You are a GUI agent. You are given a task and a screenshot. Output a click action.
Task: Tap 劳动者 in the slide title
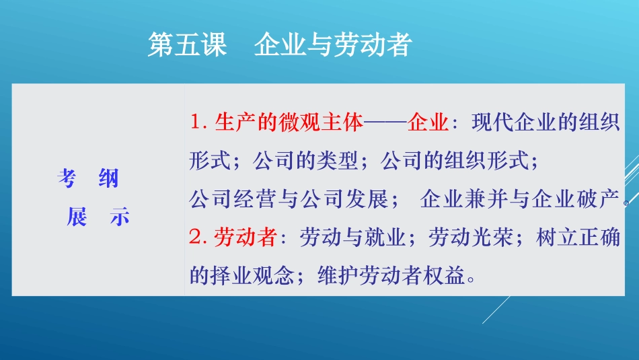(372, 45)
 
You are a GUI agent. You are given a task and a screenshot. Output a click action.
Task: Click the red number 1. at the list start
(200, 122)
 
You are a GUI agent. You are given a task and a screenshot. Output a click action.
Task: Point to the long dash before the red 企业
(386, 123)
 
